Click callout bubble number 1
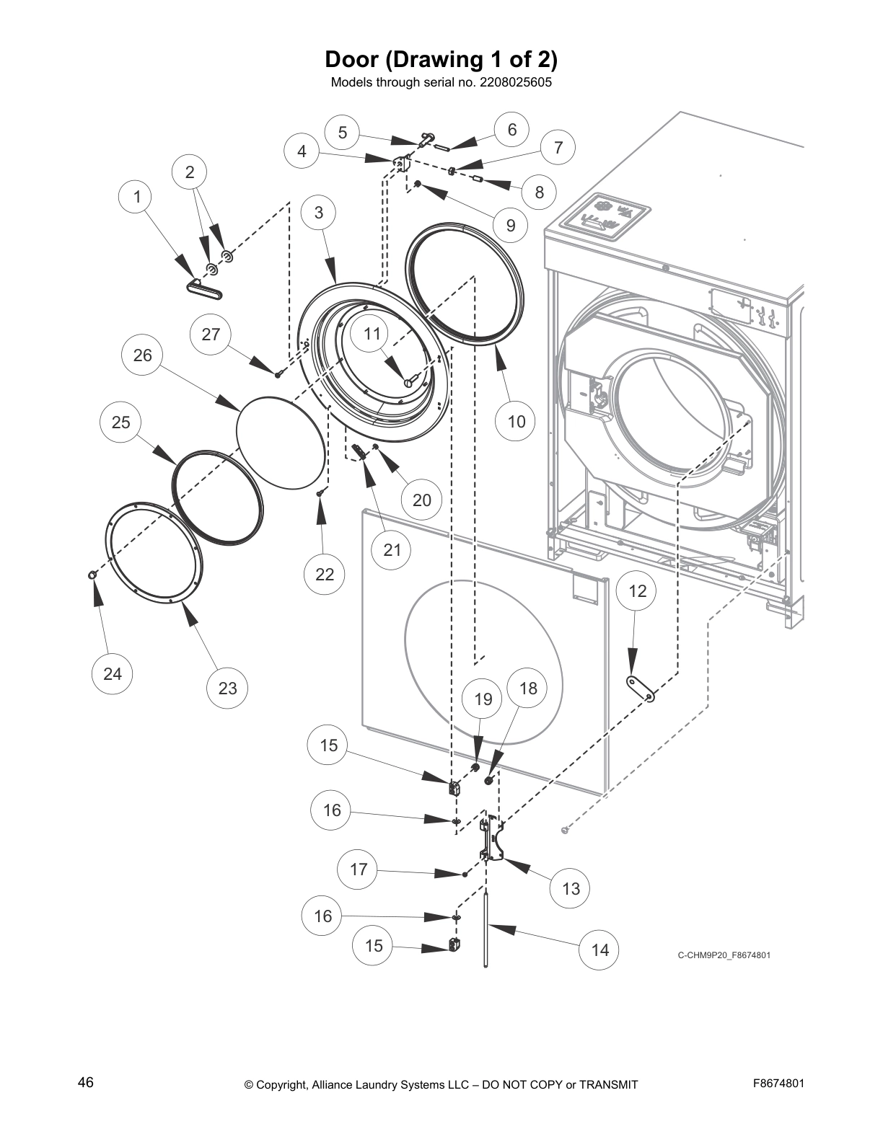pyautogui.click(x=137, y=197)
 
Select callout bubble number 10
pyautogui.click(x=517, y=421)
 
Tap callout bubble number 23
pyautogui.click(x=227, y=688)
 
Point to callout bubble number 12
pyautogui.click(x=638, y=591)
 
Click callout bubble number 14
pyautogui.click(x=599, y=950)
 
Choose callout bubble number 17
pyautogui.click(x=359, y=869)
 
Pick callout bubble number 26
pyautogui.click(x=143, y=355)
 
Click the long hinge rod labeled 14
pyautogui.click(x=486, y=930)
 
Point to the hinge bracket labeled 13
pyautogui.click(x=492, y=840)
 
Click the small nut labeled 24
pyautogui.click(x=92, y=574)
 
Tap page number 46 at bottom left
pyautogui.click(x=86, y=1082)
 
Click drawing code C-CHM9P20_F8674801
pyautogui.click(x=724, y=955)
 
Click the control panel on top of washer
pyautogui.click(x=606, y=216)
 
